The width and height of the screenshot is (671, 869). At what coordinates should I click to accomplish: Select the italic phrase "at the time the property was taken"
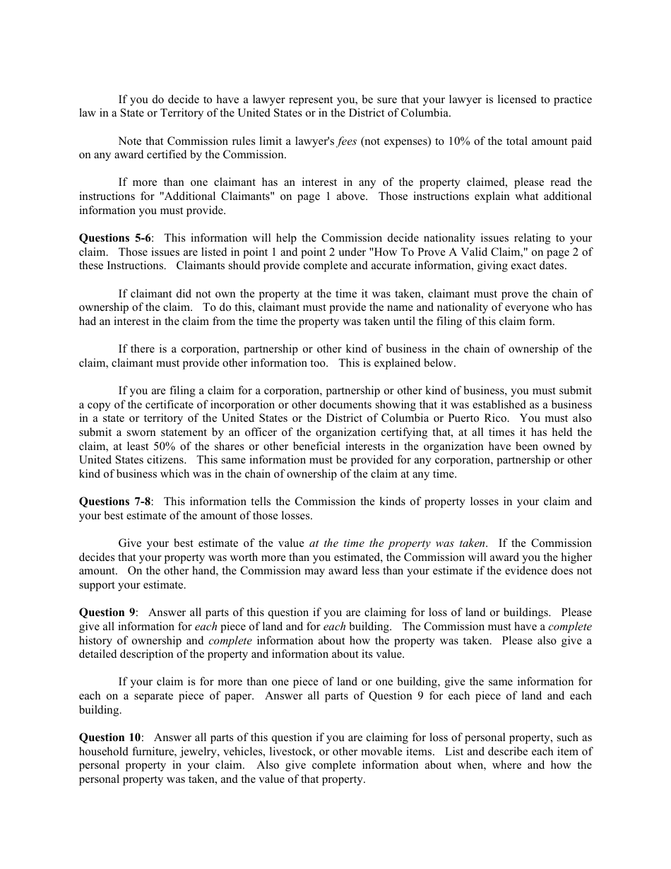tap(398, 543)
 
